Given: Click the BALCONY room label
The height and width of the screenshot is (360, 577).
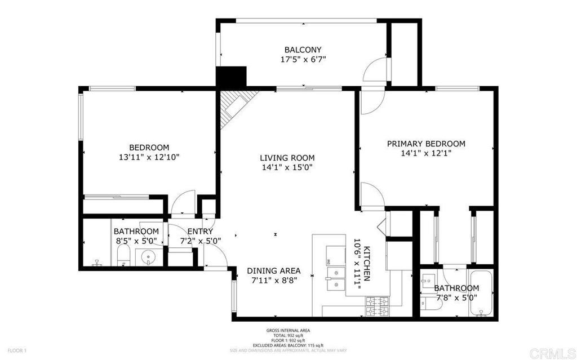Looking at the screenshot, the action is (303, 50).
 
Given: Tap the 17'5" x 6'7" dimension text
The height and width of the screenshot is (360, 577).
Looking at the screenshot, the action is (304, 59).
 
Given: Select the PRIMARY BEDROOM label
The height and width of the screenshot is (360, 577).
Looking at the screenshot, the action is (426, 144).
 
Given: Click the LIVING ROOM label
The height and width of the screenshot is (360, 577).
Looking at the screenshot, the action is (287, 158).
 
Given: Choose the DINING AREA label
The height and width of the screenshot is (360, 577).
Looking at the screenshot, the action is (274, 270).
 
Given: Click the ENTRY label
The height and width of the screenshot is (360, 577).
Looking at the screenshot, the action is (200, 232).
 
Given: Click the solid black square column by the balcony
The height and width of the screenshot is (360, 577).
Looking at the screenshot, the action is (230, 77).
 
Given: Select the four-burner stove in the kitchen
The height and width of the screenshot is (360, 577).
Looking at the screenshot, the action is (377, 306).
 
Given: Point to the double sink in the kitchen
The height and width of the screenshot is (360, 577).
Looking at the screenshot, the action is (336, 278).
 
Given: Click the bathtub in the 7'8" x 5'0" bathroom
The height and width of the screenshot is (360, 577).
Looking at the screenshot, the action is (480, 293).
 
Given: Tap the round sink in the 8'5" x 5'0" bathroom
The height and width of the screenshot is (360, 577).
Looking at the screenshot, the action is (149, 256).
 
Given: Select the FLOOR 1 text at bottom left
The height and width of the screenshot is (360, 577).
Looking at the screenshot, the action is (17, 350).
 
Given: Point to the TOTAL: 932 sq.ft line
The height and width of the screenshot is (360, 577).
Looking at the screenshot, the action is (288, 336).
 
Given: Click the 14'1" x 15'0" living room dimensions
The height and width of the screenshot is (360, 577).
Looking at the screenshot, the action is (287, 167).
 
